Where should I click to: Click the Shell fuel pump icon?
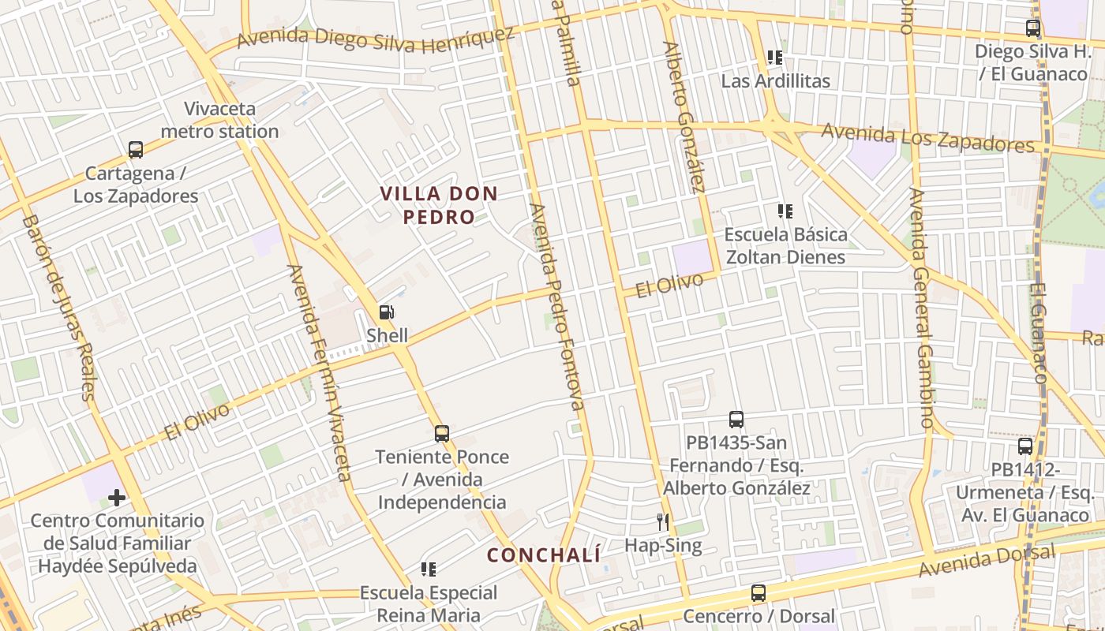386,312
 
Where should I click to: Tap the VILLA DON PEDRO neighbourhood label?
439,205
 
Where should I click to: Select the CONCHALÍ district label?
544,555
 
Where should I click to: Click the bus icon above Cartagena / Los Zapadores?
136,150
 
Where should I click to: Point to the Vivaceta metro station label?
220,120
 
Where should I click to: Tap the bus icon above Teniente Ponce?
442,433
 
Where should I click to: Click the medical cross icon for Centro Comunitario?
117,498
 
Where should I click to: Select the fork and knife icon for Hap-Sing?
663,521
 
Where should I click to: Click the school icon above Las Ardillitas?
774,58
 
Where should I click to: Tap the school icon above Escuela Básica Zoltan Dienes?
785,211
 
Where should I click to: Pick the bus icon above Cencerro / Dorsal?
759,592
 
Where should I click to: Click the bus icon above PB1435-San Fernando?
736,420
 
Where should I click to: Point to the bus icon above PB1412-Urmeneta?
1025,446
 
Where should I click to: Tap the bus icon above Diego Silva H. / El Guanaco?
1032,29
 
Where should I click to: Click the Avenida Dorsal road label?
987,561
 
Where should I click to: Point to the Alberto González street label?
684,117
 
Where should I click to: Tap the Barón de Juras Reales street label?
58,308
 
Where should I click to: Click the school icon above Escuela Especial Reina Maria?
429,569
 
